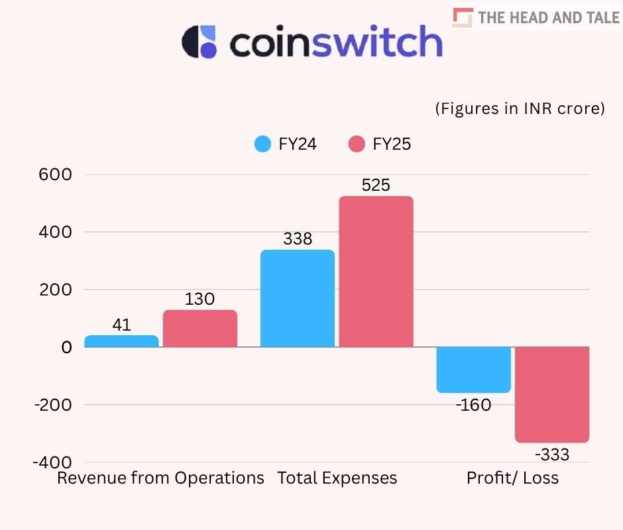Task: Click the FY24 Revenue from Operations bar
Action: click(x=122, y=341)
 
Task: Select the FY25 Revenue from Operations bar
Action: click(x=200, y=329)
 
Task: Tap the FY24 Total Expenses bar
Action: click(x=298, y=298)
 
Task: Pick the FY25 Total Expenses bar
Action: click(x=376, y=272)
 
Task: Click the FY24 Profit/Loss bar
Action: click(x=473, y=370)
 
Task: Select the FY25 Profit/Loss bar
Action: click(x=552, y=394)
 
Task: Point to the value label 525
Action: click(x=376, y=185)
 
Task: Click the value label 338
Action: click(x=298, y=239)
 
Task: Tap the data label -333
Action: click(x=552, y=454)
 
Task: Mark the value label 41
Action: click(x=122, y=325)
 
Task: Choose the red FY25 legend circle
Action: click(x=357, y=144)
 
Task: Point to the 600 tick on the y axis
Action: click(x=58, y=174)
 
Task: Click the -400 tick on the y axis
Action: click(x=54, y=462)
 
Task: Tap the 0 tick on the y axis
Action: click(x=66, y=347)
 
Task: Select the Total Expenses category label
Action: click(x=337, y=478)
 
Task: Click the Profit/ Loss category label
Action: click(x=512, y=478)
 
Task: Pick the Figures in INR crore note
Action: click(x=520, y=109)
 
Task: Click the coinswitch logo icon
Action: click(x=199, y=42)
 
